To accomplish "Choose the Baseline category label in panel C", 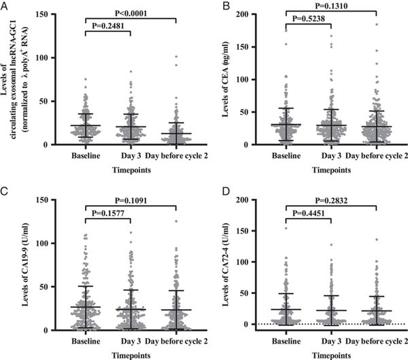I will [x=85, y=340].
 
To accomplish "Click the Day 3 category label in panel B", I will [x=333, y=156].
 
